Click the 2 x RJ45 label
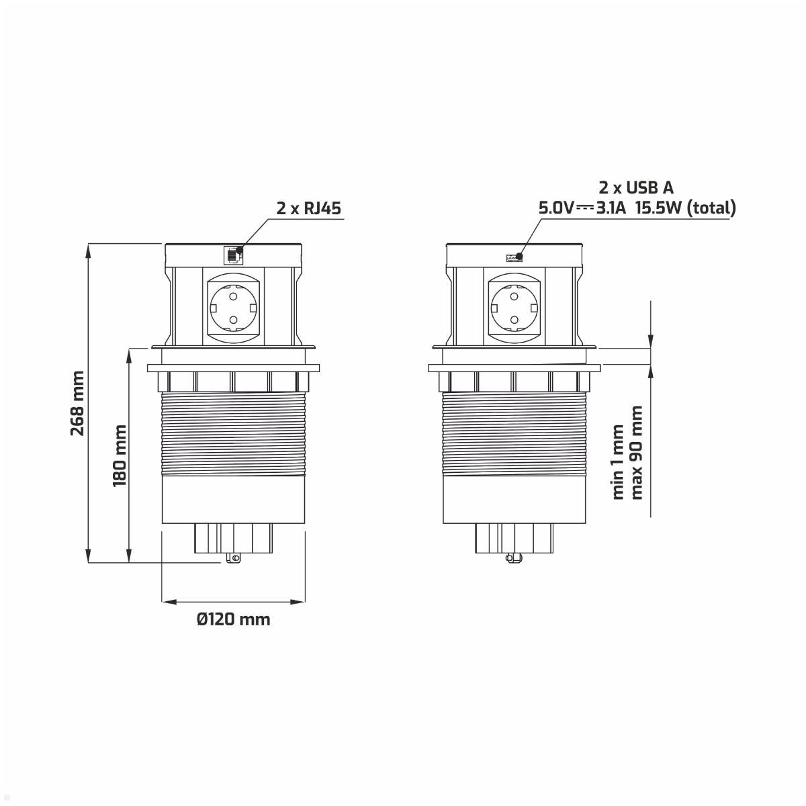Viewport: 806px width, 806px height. tap(309, 208)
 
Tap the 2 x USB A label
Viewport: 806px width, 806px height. tap(635, 187)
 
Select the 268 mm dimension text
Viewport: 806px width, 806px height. tap(78, 403)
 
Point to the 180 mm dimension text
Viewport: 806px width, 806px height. tap(120, 455)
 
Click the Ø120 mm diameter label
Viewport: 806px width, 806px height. tap(234, 619)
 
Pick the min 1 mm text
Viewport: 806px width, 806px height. tap(619, 461)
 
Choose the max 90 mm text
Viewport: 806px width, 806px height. tap(637, 452)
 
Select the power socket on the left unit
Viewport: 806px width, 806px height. tap(232, 307)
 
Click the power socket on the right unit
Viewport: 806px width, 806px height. tap(514, 307)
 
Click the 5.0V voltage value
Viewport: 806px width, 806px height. tap(556, 208)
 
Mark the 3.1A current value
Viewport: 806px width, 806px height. tap(611, 208)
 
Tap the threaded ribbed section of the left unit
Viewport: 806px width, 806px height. tap(232, 433)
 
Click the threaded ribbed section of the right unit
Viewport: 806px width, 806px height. tap(514, 433)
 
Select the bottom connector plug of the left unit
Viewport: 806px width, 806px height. tap(232, 541)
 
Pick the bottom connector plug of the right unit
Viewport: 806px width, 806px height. tap(514, 541)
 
